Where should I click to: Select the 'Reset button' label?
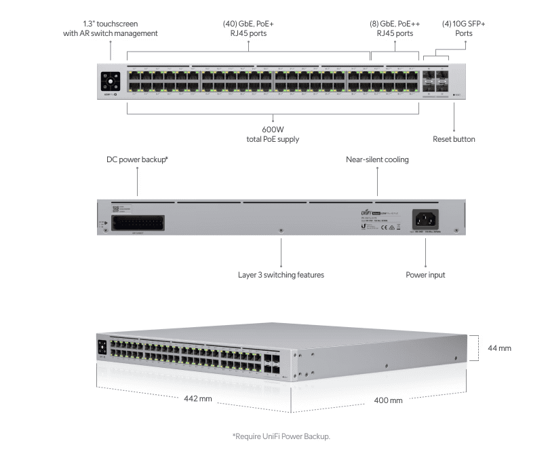click(x=454, y=139)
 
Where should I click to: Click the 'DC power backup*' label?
click(x=137, y=160)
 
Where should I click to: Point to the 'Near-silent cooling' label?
click(x=377, y=160)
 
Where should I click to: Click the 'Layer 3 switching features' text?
click(x=281, y=275)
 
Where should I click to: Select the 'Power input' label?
click(x=425, y=275)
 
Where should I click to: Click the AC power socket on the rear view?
click(x=425, y=219)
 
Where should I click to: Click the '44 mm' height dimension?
click(x=499, y=348)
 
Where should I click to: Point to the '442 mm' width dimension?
click(x=199, y=398)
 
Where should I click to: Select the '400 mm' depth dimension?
click(x=388, y=400)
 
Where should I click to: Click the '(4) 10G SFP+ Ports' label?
click(x=464, y=28)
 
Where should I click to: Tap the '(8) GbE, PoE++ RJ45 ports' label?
click(x=395, y=28)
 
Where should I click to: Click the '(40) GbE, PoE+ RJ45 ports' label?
click(x=248, y=28)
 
